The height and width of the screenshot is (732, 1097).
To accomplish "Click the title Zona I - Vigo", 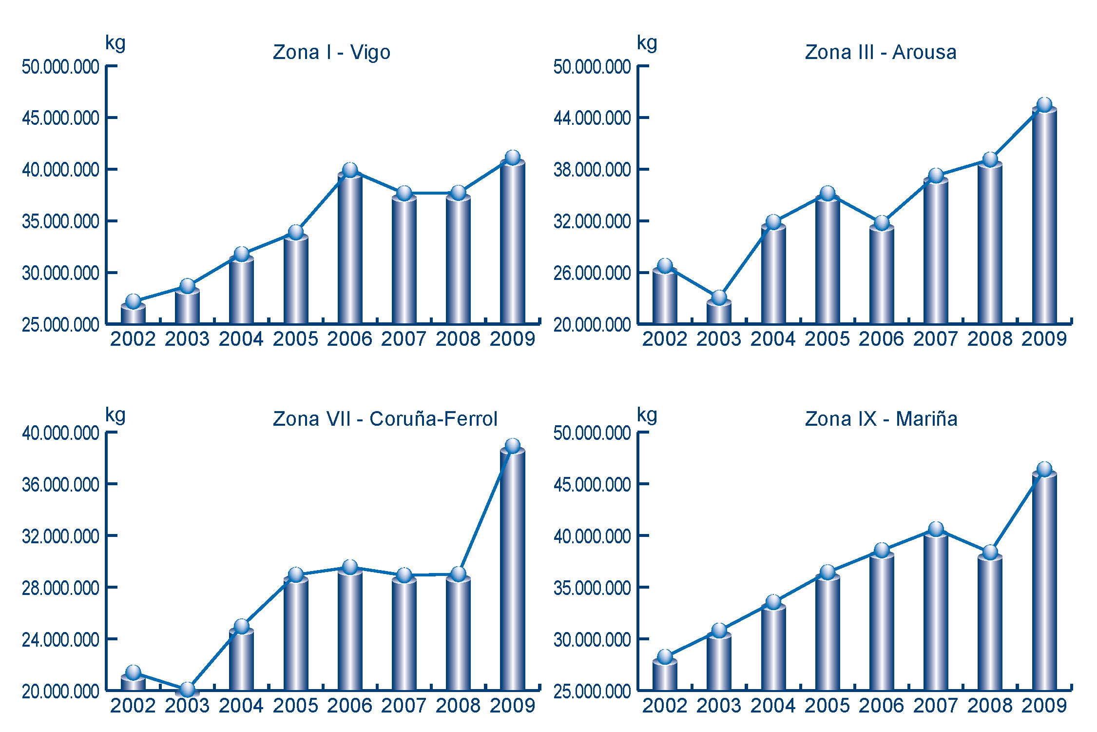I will [x=331, y=53].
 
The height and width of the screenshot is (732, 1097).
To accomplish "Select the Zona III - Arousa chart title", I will [x=881, y=53].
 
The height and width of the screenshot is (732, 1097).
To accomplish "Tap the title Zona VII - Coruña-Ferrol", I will [x=385, y=419].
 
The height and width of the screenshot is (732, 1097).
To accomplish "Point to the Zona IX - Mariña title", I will [x=881, y=419].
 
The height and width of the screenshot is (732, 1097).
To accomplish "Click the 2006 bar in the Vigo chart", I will [x=350, y=249].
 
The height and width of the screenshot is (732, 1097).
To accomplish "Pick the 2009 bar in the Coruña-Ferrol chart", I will [x=513, y=571].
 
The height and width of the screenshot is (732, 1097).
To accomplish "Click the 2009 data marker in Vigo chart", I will [x=513, y=158].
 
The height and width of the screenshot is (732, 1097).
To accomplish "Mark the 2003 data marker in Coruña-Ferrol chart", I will [x=188, y=689].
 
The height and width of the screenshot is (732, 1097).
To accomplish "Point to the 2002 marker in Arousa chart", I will [x=665, y=266].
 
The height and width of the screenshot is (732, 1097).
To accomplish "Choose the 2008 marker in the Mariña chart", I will [x=990, y=553].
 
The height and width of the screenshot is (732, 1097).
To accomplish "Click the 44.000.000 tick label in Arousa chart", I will [x=592, y=118].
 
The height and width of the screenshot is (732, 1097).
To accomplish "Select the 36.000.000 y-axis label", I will [x=60, y=485].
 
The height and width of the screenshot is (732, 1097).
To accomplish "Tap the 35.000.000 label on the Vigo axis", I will [x=60, y=221].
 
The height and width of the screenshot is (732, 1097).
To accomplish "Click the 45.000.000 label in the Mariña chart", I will [x=592, y=485].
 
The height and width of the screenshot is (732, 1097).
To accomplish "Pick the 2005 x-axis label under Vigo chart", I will [x=295, y=339].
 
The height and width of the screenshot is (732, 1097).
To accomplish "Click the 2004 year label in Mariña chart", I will [x=773, y=706].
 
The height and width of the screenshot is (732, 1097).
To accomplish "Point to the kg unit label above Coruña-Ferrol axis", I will [x=115, y=415].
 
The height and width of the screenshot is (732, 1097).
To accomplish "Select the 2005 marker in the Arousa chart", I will [x=828, y=194].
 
